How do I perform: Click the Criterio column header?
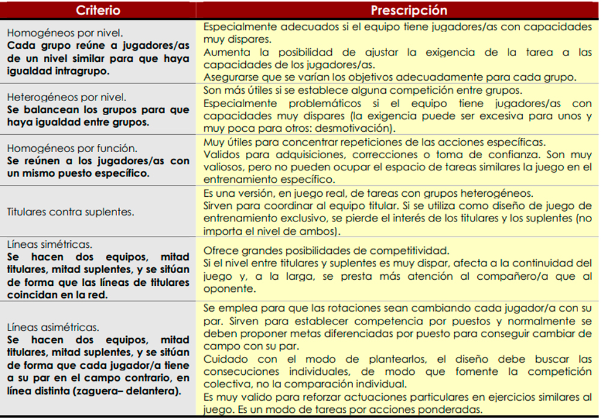click(x=98, y=10)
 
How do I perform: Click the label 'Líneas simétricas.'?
click(x=49, y=244)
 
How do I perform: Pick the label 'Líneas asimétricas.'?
click(x=53, y=327)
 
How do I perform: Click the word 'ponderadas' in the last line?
click(x=451, y=410)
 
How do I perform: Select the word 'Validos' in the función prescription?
click(x=221, y=155)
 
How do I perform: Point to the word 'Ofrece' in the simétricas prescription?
click(x=219, y=250)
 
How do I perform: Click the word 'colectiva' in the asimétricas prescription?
click(x=225, y=384)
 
